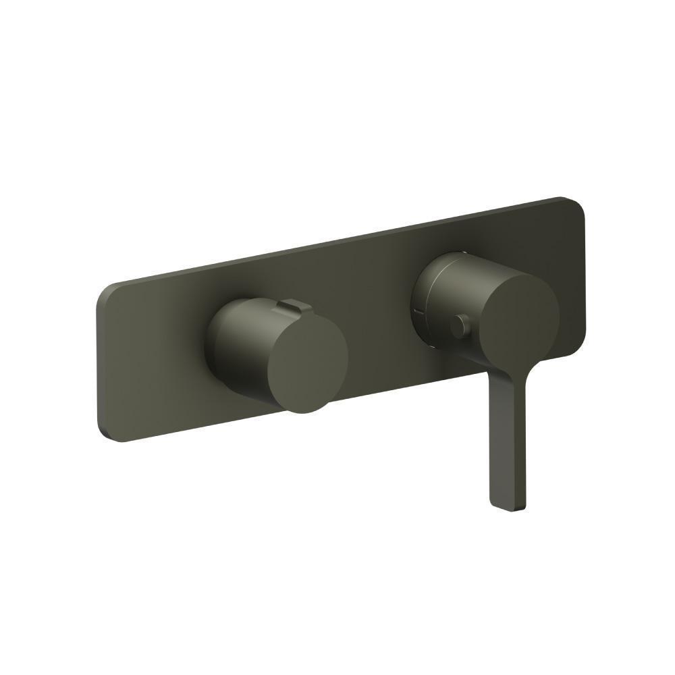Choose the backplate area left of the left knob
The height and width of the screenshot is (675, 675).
pos(155,364)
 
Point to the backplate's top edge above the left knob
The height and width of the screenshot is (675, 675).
pos(270,259)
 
